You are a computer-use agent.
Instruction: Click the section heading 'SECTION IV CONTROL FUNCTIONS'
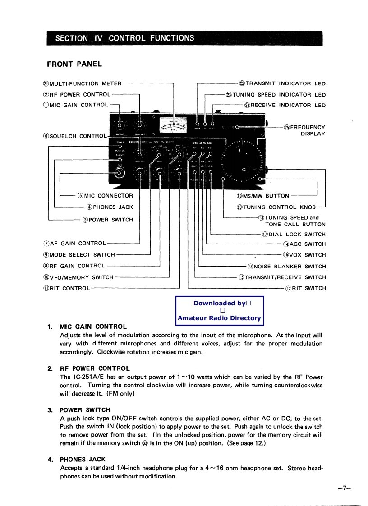124,38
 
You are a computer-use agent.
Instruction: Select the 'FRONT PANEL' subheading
74,64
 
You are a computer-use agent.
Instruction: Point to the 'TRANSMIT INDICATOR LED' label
282,83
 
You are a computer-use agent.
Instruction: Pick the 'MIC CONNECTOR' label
106,196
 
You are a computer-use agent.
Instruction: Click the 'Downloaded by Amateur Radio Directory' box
219,311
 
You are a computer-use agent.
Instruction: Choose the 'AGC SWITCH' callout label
304,244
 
